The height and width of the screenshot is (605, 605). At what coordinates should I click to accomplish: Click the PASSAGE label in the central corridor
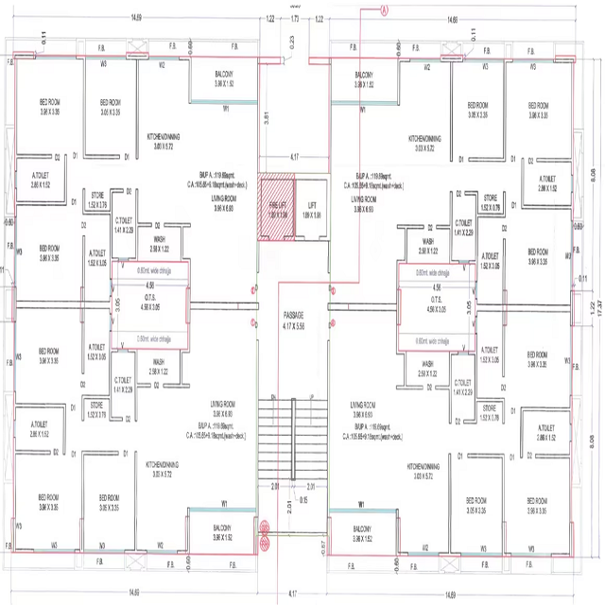(294, 314)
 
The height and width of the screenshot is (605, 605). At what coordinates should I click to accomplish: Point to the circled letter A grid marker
(385, 10)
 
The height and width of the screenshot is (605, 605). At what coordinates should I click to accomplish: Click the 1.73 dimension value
(294, 18)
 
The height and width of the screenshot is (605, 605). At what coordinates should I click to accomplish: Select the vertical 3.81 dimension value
(268, 117)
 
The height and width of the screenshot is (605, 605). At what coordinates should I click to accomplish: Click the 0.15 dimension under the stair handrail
(302, 498)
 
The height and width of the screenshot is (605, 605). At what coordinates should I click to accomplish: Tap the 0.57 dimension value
(323, 544)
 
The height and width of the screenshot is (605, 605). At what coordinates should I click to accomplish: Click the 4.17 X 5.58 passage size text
(294, 325)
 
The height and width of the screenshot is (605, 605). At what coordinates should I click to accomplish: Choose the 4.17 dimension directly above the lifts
(294, 156)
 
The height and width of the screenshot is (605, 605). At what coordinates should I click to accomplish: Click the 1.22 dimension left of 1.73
(271, 18)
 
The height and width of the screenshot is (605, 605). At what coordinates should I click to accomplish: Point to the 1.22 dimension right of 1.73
(319, 18)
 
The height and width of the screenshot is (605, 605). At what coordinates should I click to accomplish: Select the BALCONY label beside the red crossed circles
(223, 527)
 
